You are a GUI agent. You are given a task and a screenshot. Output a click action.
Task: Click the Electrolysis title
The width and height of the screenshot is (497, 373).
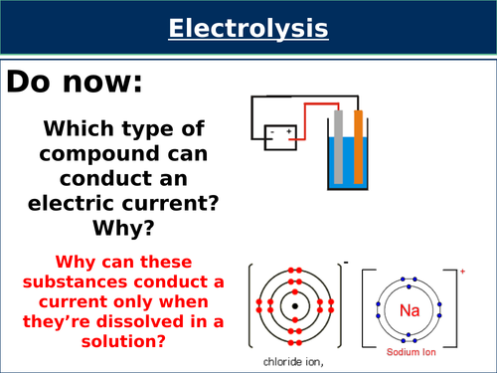click(x=248, y=29)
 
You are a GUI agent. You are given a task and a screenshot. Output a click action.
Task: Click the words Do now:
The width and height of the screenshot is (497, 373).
click(x=75, y=84)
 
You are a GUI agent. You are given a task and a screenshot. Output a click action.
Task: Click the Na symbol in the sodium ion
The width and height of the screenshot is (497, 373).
click(x=410, y=309)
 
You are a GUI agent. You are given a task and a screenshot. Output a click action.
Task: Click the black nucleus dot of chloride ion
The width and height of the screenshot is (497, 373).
click(x=295, y=304)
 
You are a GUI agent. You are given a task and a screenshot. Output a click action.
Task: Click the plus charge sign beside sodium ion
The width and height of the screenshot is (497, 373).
click(x=463, y=270)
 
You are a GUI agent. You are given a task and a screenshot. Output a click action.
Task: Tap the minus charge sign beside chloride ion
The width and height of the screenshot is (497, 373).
click(x=345, y=264)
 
